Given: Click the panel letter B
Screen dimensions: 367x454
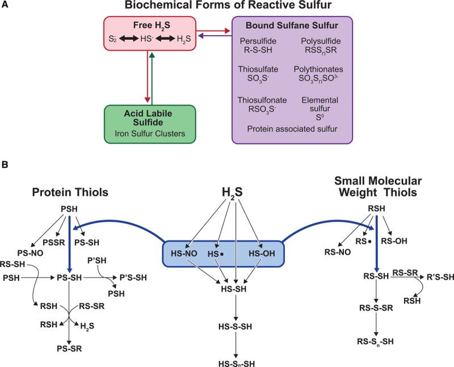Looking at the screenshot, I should pyautogui.click(x=6, y=168).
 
